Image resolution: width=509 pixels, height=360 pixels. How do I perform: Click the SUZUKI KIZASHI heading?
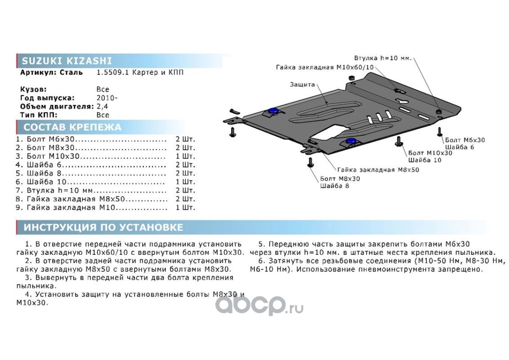point(67,61)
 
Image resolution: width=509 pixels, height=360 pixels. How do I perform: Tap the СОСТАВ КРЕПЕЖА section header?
point(72,127)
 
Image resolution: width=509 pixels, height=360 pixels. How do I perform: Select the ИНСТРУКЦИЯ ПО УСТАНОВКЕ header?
point(103,227)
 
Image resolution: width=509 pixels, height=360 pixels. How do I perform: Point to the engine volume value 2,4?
point(102,106)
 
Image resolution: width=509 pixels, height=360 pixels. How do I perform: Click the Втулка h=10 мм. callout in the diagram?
point(383,58)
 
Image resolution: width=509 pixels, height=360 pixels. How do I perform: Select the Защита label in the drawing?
point(302,84)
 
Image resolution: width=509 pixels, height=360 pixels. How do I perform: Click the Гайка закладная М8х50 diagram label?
point(378,170)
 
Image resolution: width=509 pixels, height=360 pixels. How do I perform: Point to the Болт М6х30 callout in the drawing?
point(464,140)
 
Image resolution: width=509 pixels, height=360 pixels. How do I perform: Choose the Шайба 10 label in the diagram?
point(424,160)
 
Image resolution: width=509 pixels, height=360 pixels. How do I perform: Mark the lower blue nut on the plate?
point(350,141)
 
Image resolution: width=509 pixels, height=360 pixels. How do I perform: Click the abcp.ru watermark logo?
point(259,305)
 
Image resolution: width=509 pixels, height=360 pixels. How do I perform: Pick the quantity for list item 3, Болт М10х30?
point(185,157)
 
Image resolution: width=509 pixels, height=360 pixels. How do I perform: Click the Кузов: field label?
point(33,89)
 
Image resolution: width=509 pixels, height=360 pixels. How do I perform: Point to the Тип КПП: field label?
point(39,115)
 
